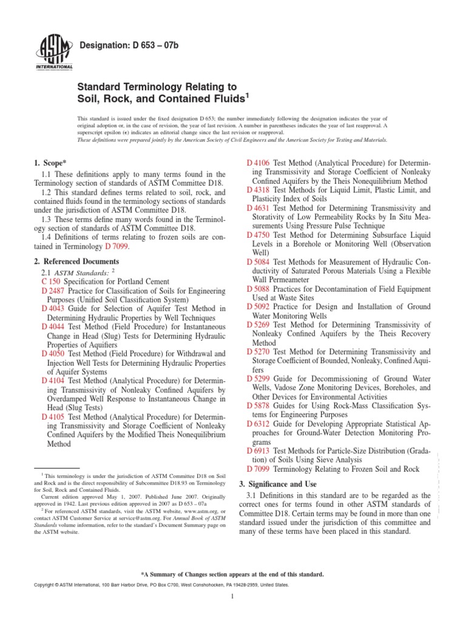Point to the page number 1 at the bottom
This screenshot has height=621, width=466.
tap(233, 597)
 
